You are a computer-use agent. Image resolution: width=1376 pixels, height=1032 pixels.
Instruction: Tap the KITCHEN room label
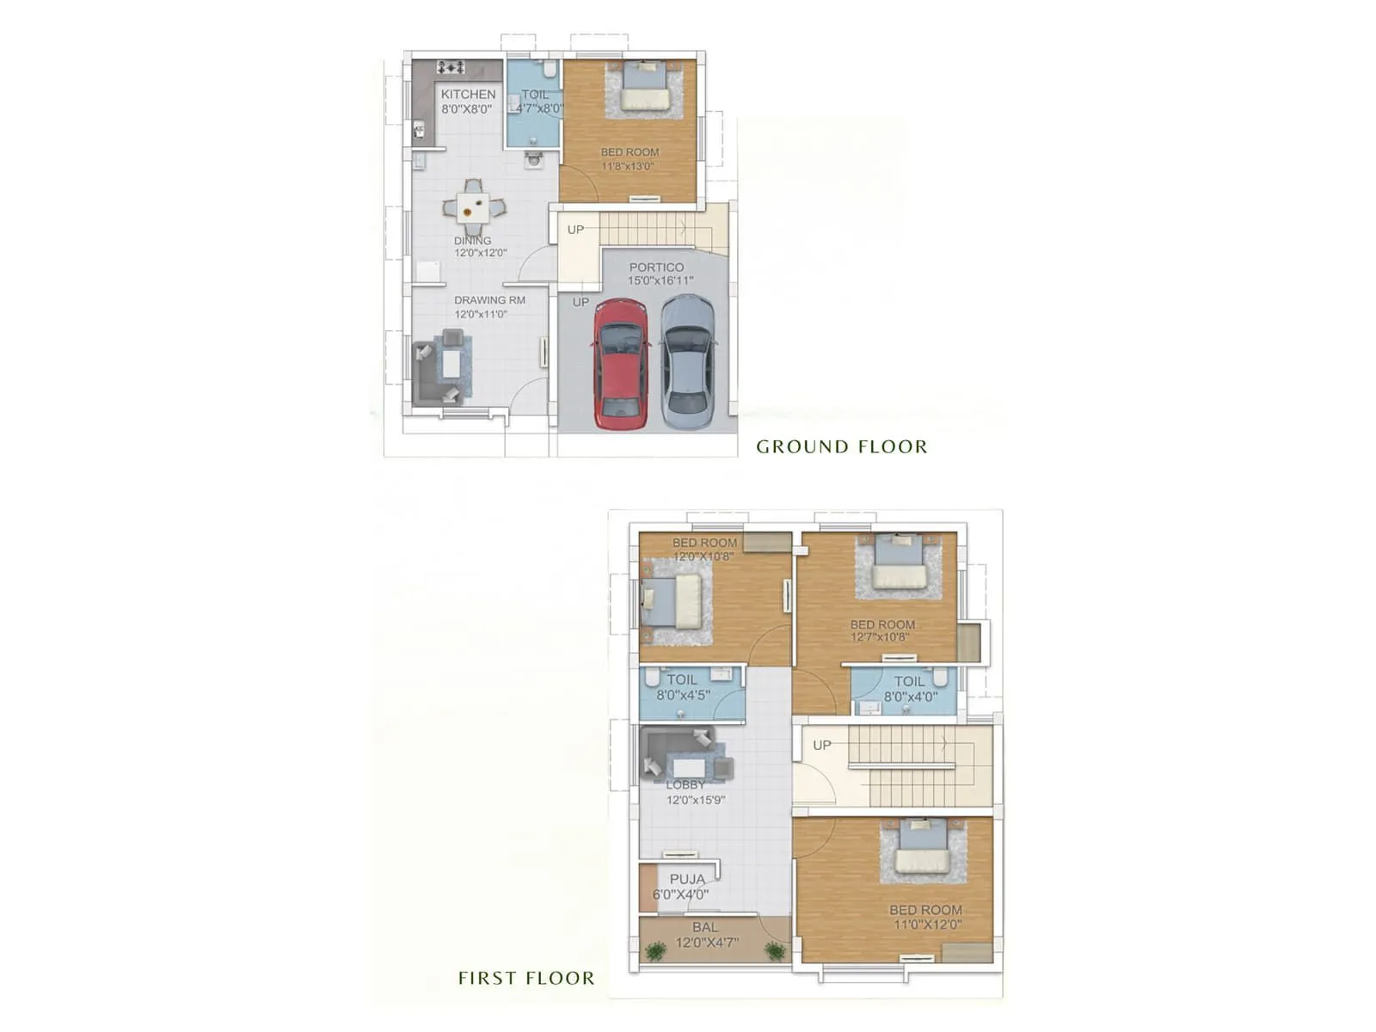pos(468,94)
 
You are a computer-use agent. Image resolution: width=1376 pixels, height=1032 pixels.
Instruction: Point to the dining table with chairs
pos(473,206)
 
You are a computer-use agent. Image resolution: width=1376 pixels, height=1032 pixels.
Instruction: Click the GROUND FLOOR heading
pos(841,446)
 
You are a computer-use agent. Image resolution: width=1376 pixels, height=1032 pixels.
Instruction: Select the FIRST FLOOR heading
pos(525,978)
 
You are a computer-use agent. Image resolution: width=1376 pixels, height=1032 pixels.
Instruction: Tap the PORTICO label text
pos(656,267)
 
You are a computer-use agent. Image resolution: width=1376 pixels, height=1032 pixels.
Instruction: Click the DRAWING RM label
pos(489,300)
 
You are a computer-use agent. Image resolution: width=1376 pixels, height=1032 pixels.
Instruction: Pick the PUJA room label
pos(687,879)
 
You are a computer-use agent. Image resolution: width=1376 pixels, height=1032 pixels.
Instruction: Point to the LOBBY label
pos(685,784)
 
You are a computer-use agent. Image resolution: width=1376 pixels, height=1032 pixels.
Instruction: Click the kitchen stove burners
pos(451,67)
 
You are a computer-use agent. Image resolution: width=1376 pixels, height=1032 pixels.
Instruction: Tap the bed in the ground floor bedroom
pos(645,86)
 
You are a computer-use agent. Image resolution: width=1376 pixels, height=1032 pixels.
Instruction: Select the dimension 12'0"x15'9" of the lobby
pos(696,800)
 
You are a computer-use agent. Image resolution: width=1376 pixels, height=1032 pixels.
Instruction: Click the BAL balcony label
pos(704,927)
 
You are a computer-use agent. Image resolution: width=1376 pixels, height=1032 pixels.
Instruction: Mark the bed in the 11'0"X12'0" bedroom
pos(922,850)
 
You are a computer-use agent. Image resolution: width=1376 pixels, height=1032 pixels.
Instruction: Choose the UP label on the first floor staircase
pos(822,745)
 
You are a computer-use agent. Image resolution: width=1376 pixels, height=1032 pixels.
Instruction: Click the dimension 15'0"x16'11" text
pos(660,280)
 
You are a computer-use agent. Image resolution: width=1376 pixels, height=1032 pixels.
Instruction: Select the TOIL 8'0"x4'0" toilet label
pos(909,681)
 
